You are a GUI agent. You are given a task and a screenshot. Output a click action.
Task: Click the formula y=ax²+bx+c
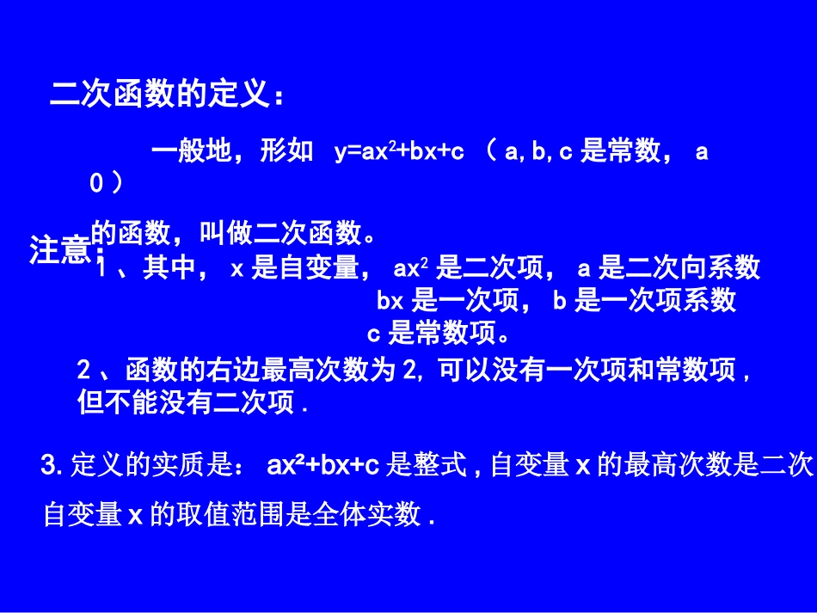click(x=399, y=152)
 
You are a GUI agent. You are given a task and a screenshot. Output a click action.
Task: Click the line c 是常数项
click(x=439, y=332)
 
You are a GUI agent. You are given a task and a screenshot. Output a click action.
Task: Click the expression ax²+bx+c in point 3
click(x=323, y=466)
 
